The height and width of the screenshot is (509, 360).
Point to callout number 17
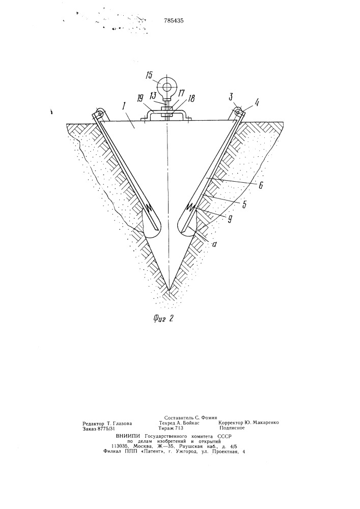click(x=181, y=93)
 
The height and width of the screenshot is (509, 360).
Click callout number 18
click(x=191, y=98)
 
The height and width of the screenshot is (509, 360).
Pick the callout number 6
click(x=261, y=185)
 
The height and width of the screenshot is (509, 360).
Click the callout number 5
click(x=244, y=205)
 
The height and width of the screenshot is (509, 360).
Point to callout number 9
click(x=230, y=220)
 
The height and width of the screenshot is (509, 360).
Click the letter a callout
click(x=213, y=243)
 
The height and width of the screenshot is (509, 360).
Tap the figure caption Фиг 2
click(x=163, y=318)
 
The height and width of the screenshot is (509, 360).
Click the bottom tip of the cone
click(x=169, y=290)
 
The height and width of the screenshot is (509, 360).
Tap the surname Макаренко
click(x=265, y=422)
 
